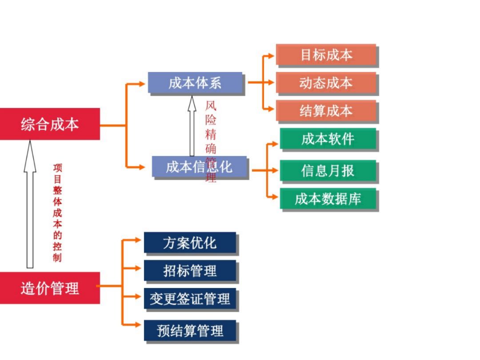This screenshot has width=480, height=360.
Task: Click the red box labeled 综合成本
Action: point(50,124)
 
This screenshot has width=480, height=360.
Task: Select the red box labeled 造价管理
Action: point(50,288)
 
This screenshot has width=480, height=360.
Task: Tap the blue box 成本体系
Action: point(195,83)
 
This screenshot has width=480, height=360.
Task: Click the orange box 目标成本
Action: point(326,55)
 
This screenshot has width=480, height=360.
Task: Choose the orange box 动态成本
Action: point(326,83)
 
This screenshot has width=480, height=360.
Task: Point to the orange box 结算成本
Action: point(326,111)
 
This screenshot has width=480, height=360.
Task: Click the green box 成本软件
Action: point(328,139)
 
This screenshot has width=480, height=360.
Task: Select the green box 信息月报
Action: point(328,171)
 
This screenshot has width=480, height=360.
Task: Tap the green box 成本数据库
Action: point(328,199)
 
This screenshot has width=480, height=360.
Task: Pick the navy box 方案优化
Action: point(190,243)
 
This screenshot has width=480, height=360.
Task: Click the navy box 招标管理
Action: point(190,271)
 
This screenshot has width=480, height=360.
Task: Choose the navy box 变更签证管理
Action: point(190,299)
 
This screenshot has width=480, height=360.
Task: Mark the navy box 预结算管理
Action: point(190,331)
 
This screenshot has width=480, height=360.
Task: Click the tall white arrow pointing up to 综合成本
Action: point(30,204)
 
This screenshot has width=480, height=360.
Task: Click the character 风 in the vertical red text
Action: point(211,107)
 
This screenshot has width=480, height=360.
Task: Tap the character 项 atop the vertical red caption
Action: point(58,168)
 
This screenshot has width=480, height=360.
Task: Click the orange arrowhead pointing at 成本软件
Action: point(275,143)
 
